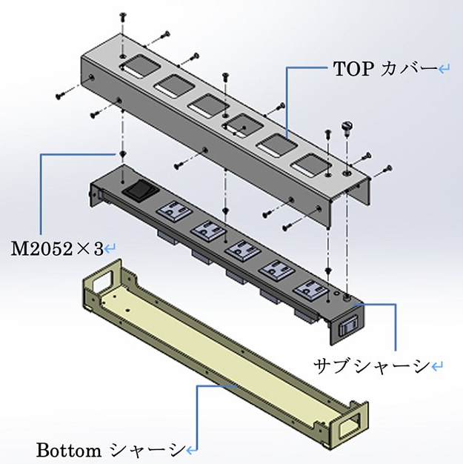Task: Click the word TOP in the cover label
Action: point(353,69)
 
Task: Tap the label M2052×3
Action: point(57,248)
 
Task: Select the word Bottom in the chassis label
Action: point(68,451)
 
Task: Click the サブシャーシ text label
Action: point(372,366)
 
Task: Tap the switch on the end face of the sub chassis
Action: point(348,326)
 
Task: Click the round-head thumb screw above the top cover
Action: point(347,127)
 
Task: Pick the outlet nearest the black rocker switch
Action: point(174,211)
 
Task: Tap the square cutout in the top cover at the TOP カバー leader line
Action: point(276,145)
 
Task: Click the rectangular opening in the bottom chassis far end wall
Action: point(103,281)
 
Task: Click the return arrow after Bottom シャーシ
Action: point(193,451)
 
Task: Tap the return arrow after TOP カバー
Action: point(444,70)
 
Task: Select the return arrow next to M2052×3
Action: point(110,248)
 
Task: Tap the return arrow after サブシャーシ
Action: point(437,367)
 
